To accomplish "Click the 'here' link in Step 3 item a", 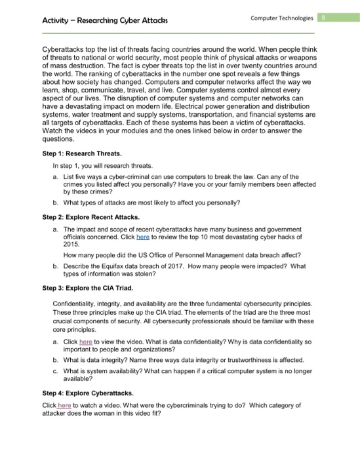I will [85, 342].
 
